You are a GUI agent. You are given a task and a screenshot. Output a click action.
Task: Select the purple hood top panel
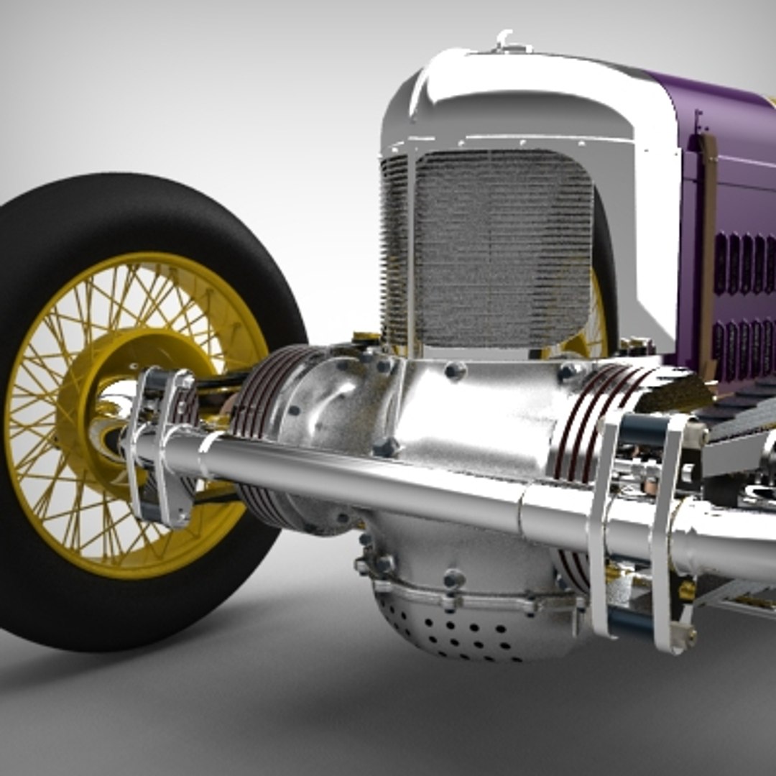tap(719, 108)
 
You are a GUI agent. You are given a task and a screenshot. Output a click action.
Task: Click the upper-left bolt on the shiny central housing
tap(455, 371)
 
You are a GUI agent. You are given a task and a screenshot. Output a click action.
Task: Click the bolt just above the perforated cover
tap(453, 578)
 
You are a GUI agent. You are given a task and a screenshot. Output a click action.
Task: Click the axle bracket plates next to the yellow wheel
tap(162, 445)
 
